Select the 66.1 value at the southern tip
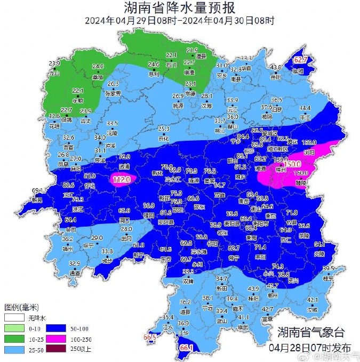(186, 348)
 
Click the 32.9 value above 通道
(74, 263)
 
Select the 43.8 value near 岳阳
(275, 67)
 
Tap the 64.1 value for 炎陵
(319, 245)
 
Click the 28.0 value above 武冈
(126, 229)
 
